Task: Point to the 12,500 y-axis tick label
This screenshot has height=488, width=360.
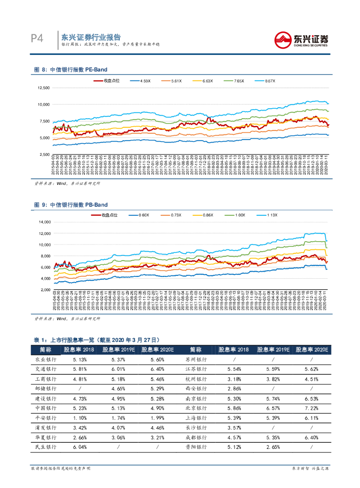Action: (x=43, y=88)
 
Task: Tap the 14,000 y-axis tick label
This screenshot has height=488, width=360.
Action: (x=43, y=222)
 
